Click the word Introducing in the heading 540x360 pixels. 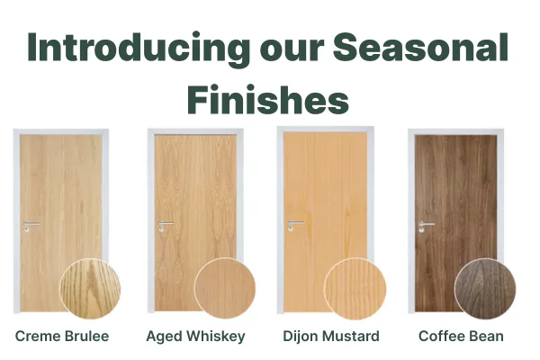point(139,49)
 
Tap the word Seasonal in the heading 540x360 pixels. point(420,47)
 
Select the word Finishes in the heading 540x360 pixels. point(268,99)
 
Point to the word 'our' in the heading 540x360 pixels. point(292,51)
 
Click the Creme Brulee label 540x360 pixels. point(62,336)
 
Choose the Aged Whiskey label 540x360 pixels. point(195,337)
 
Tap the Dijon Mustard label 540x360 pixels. point(331,337)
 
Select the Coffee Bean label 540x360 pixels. point(461,336)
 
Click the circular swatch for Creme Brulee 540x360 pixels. point(90,289)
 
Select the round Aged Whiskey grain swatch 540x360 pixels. point(225,288)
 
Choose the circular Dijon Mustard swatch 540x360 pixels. point(355,289)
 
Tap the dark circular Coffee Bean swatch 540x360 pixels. point(485,289)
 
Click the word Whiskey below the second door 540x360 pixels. point(216,337)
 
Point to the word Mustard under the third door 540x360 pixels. point(351,336)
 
